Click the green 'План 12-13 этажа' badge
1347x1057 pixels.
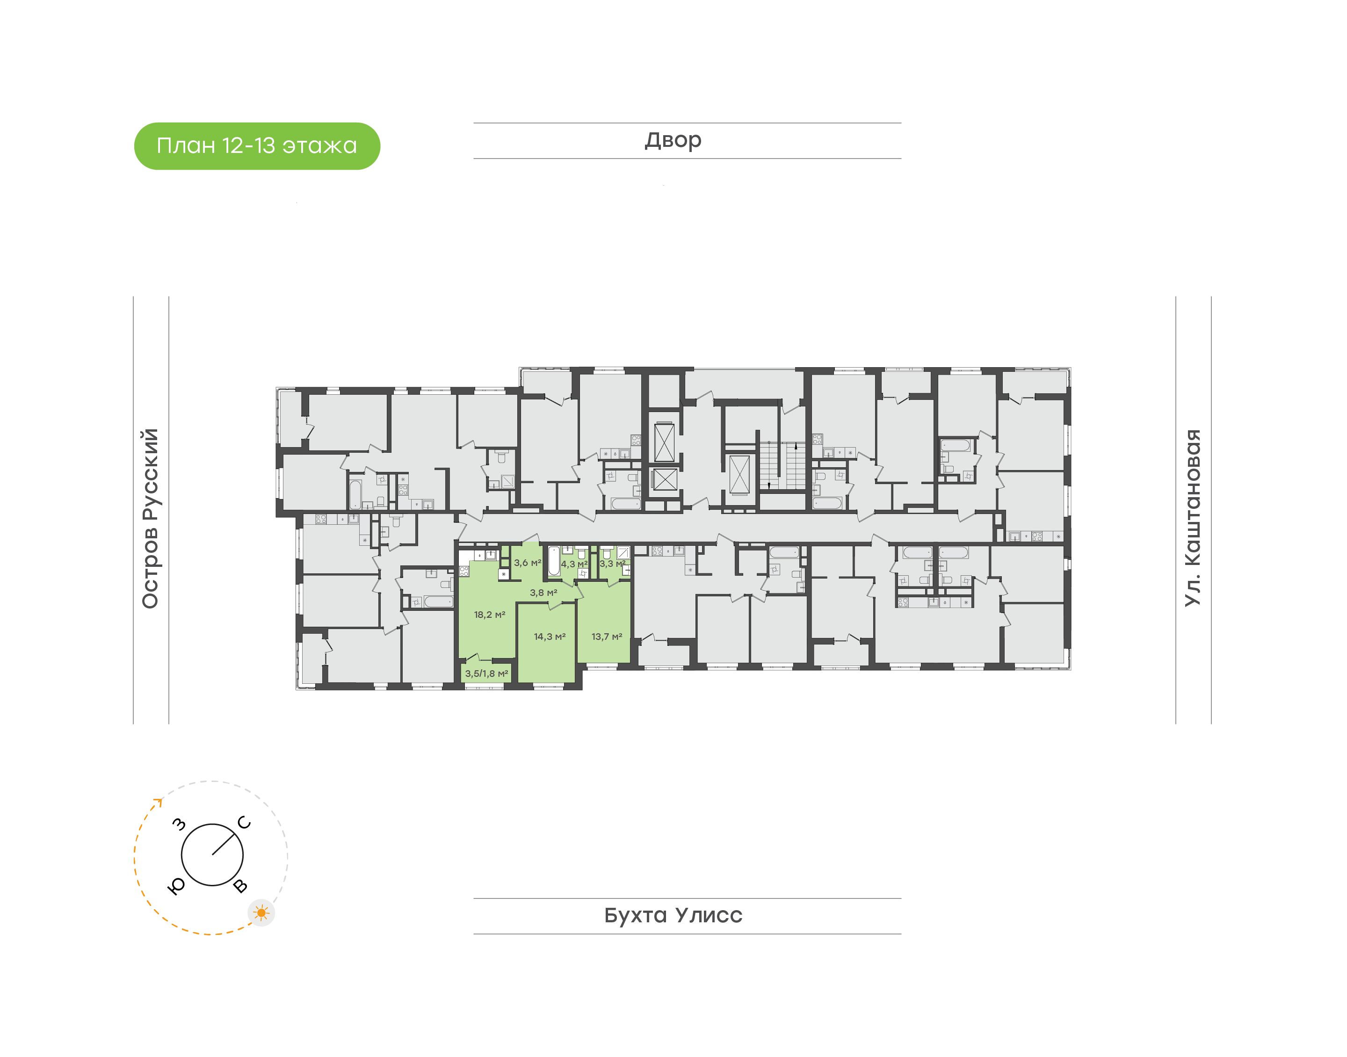coord(257,146)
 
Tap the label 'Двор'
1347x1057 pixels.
coord(673,140)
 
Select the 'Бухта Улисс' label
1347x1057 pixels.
coord(673,915)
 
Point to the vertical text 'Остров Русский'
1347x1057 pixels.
coord(150,518)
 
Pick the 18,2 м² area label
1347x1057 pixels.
coord(489,615)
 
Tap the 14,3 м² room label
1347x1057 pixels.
coord(550,636)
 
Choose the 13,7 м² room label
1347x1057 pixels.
coord(606,636)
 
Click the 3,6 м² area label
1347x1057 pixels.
coord(527,563)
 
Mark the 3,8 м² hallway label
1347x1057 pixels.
coord(543,592)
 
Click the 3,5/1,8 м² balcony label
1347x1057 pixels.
coord(486,673)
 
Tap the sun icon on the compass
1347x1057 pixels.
coord(262,913)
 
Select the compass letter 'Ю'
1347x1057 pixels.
coord(176,887)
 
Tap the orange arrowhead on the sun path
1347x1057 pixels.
coord(159,802)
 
